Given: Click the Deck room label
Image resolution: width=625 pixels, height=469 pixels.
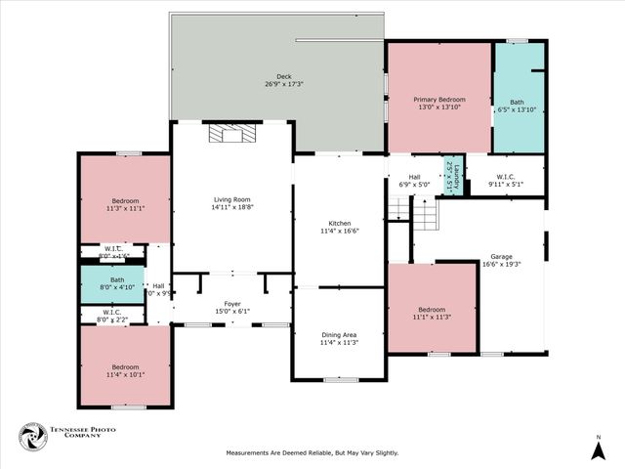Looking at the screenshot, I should coord(283,76).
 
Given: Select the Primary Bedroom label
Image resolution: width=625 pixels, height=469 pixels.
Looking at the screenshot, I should coord(438,100).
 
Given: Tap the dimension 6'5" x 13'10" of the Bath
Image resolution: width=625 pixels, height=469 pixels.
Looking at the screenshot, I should coord(518,110).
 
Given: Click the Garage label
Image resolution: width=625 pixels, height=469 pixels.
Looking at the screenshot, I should coord(502,256).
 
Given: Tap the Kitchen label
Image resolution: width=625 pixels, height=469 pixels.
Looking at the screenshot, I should coord(339,223).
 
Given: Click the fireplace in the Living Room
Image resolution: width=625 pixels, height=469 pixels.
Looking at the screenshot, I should coord(232,134).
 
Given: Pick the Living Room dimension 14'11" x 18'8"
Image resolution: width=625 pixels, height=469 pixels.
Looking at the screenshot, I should coord(232,208).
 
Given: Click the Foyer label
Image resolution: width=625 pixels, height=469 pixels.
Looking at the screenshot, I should coord(232,304).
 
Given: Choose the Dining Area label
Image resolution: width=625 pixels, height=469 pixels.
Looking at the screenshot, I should coord(339,335).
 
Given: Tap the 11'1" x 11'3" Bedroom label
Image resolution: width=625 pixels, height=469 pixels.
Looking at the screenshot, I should coord(431,310).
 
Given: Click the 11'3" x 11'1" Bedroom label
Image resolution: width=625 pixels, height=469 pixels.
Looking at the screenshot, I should coord(125,202).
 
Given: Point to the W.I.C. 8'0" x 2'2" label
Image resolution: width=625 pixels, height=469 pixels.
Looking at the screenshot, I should coord(111,312).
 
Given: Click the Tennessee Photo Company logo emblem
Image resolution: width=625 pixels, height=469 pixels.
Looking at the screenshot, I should coord(32,436).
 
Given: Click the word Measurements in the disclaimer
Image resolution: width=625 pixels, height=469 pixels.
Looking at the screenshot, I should coord(249,452).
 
